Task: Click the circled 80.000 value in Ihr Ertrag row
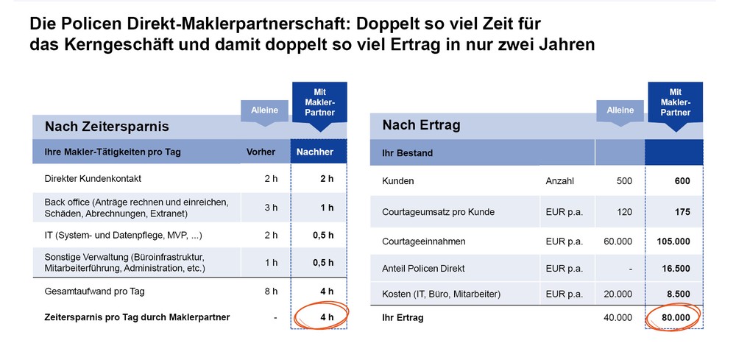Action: pos(675,318)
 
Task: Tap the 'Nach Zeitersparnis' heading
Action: pos(107,127)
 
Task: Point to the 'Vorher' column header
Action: pos(261,152)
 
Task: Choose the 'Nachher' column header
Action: pos(314,152)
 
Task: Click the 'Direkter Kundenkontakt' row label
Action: pos(93,179)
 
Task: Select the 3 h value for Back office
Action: pos(271,208)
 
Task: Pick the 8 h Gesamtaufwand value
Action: pos(271,291)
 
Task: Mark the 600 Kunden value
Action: pos(682,181)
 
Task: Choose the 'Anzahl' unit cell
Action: pos(559,181)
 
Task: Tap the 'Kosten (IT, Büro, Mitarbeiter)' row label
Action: pos(441,294)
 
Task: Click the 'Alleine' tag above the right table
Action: pos(620,110)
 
